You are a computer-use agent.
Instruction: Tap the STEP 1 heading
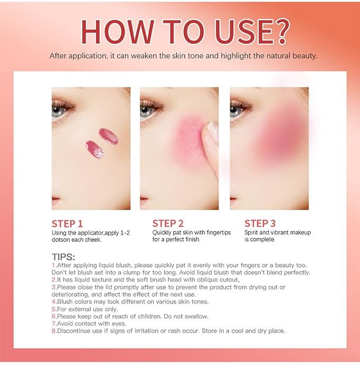coord(67,223)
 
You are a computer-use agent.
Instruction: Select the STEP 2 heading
coord(168,223)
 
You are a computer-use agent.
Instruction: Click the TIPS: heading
coord(63,256)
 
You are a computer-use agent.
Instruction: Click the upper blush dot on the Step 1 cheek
coord(108,136)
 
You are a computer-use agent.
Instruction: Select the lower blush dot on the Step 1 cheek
coord(94,149)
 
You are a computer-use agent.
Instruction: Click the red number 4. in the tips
coord(54,301)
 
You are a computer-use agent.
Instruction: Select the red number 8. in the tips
coord(54,331)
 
